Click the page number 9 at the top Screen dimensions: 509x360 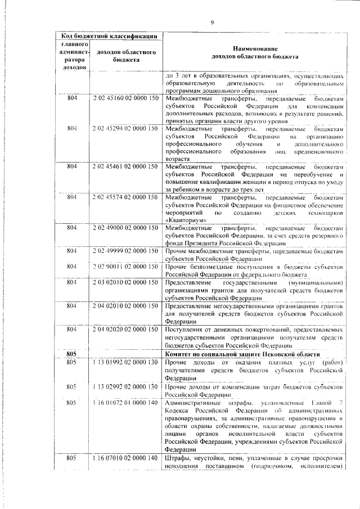[x=212, y=22]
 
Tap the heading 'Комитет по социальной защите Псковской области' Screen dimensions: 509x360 [x=243, y=354]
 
